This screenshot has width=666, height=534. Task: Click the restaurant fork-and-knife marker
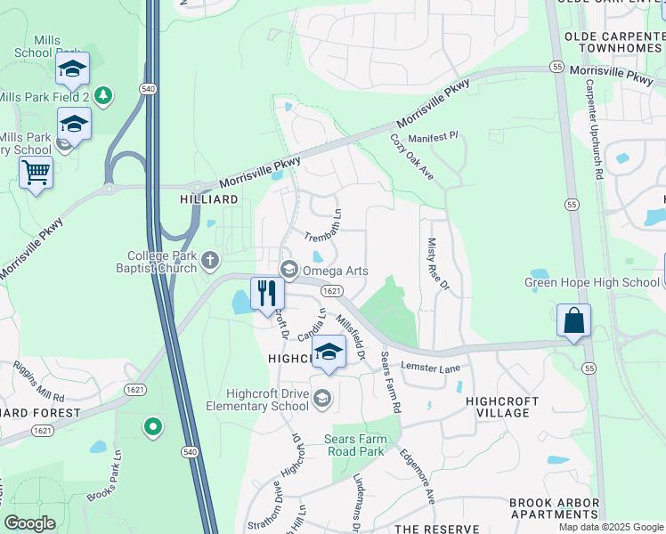[x=267, y=293]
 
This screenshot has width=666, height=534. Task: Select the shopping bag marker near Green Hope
[x=574, y=320]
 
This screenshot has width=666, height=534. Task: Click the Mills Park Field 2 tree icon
[x=103, y=94]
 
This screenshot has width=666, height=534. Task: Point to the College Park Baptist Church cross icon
[x=210, y=261]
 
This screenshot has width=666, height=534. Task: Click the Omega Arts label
[x=336, y=271]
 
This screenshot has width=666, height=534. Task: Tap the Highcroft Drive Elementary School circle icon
[x=322, y=398]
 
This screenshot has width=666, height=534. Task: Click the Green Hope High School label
[x=591, y=283]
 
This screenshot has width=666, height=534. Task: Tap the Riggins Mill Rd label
[x=39, y=381]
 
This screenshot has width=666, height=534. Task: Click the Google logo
[x=29, y=523]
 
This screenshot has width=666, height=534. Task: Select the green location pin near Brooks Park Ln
[x=152, y=428]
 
